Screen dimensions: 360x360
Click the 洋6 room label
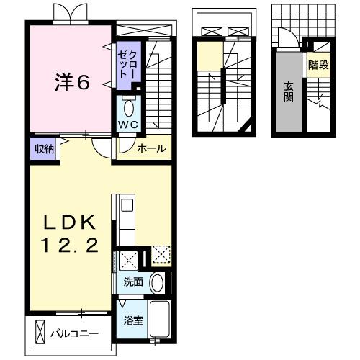point(72,82)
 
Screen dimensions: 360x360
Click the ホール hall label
point(152,149)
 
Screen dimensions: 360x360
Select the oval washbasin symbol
point(156,283)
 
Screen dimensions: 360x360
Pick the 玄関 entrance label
point(288,92)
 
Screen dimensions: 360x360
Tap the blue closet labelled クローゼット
point(131,65)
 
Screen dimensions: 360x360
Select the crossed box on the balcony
point(40,333)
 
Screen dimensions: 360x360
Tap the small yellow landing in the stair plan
point(208,56)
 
